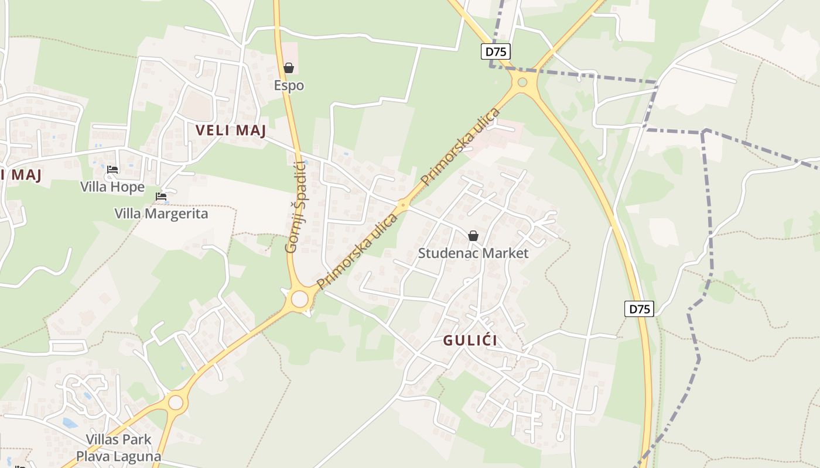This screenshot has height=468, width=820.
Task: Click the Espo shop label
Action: (x=289, y=85)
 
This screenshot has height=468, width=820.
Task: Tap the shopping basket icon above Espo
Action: (x=289, y=68)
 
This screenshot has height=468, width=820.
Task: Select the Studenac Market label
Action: (x=473, y=253)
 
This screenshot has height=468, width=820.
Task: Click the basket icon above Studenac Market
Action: (x=473, y=236)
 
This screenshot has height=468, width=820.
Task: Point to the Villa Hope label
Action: (x=112, y=187)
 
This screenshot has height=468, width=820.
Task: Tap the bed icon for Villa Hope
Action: (x=112, y=170)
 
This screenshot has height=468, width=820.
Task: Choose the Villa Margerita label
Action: (x=161, y=213)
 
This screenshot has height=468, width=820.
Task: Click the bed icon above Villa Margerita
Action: (x=161, y=197)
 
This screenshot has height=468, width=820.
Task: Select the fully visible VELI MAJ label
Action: (x=231, y=130)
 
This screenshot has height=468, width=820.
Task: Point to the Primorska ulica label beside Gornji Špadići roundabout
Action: (x=357, y=251)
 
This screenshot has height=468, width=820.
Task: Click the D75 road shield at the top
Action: (x=496, y=51)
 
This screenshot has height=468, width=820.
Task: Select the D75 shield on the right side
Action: (x=638, y=309)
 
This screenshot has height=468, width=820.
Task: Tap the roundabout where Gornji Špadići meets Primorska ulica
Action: (x=299, y=300)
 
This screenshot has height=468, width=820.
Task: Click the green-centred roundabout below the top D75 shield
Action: (x=522, y=82)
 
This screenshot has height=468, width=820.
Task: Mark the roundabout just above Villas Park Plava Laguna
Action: (x=176, y=402)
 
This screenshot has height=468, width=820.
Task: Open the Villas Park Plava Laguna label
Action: (x=118, y=448)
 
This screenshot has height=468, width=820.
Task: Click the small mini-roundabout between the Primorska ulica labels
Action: (x=402, y=205)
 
